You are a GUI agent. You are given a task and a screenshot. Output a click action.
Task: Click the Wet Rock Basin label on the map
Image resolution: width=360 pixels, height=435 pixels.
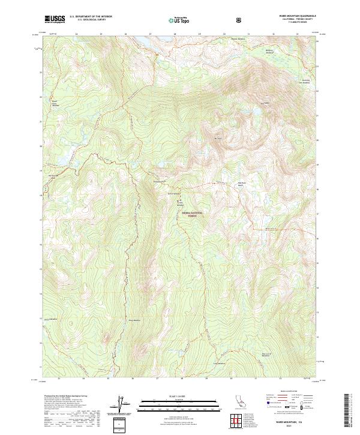pyautogui.click(x=241, y=184)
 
